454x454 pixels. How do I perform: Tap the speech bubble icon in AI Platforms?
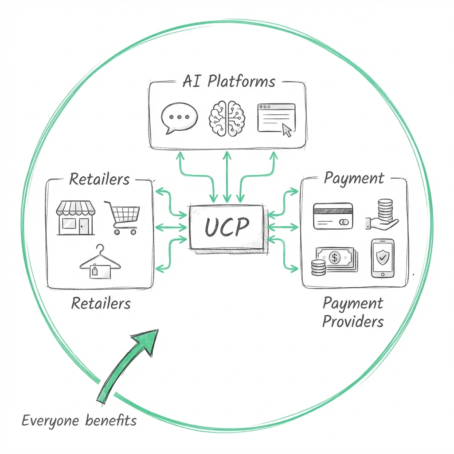pyautogui.click(x=179, y=117)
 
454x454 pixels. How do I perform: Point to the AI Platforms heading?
pyautogui.click(x=229, y=82)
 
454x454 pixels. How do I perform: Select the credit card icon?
pyautogui.click(x=333, y=216)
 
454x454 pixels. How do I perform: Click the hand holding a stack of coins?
pyautogui.click(x=383, y=215)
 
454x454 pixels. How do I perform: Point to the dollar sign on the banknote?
pyautogui.click(x=334, y=258)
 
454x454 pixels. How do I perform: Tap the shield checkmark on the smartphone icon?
pyautogui.click(x=382, y=258)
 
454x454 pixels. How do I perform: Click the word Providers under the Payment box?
pyautogui.click(x=352, y=321)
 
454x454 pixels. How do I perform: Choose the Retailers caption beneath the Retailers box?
pyautogui.click(x=101, y=303)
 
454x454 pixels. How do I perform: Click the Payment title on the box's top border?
pyautogui.click(x=354, y=178)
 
